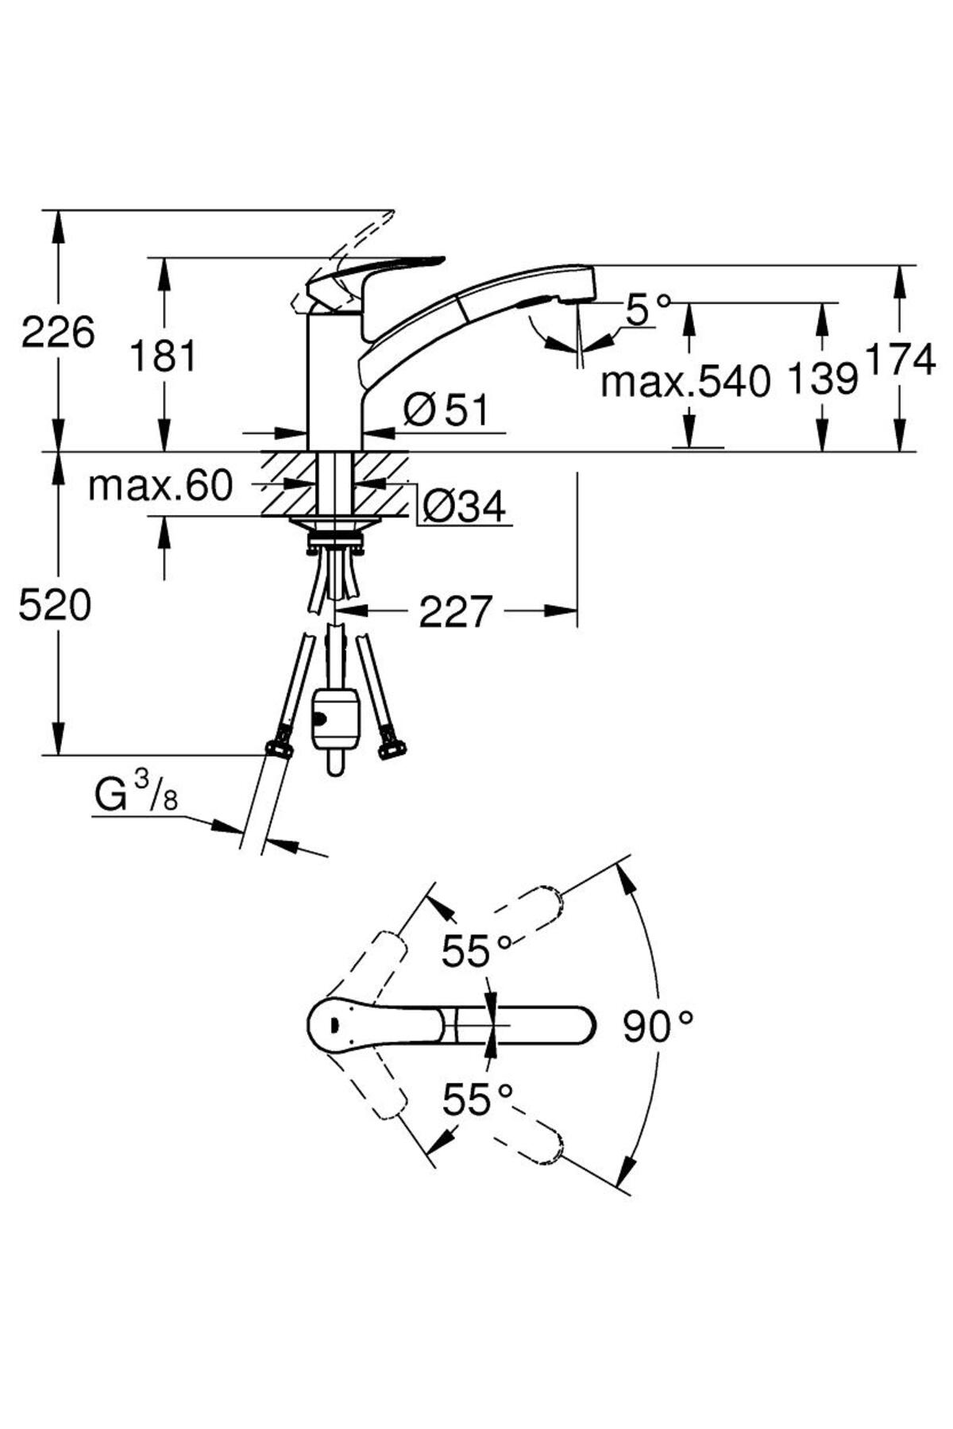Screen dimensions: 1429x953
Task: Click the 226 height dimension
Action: pyautogui.click(x=58, y=332)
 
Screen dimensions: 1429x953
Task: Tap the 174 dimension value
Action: pyautogui.click(x=901, y=361)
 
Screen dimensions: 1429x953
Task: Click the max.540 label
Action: pyautogui.click(x=686, y=382)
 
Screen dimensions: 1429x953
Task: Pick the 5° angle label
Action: pyautogui.click(x=646, y=309)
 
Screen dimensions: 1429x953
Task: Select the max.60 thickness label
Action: pyautogui.click(x=160, y=486)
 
